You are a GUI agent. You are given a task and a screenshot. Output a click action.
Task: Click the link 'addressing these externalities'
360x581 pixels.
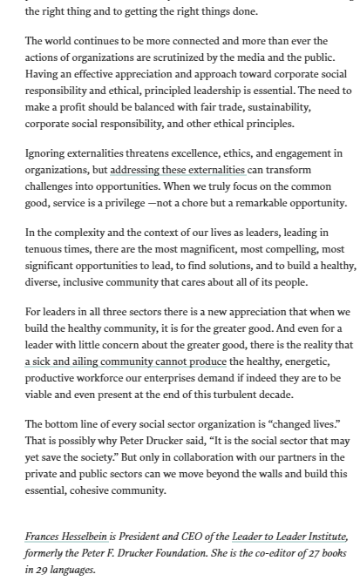point(178,170)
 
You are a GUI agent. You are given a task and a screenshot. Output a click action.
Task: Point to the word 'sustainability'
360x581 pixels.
point(271,107)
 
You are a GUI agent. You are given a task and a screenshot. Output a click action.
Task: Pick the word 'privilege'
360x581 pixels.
point(163,203)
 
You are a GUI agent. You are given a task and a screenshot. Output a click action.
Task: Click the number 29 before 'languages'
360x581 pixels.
point(43,570)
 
